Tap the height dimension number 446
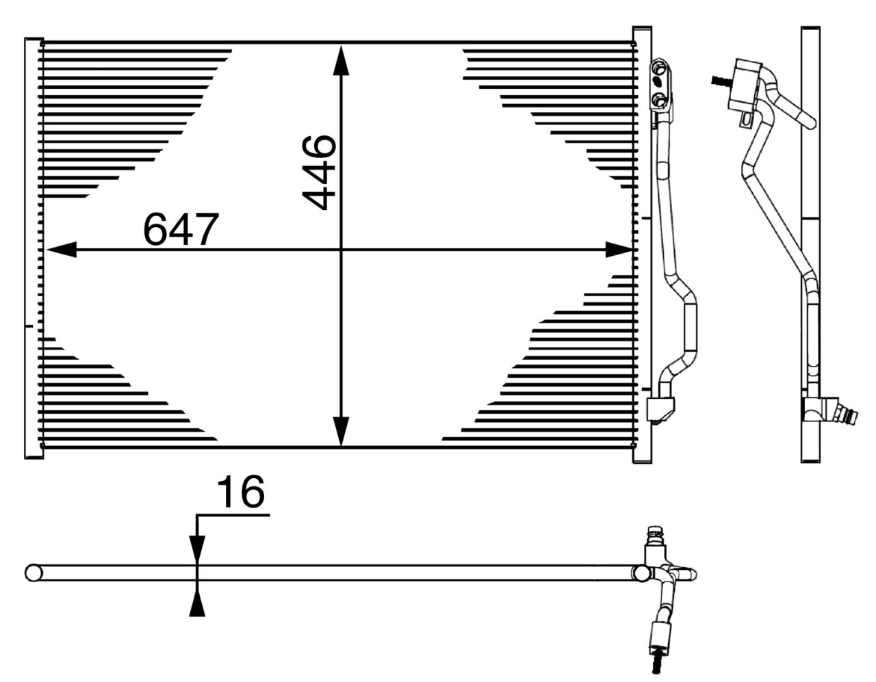(x=318, y=173)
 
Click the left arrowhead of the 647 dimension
(x=62, y=250)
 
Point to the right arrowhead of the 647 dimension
(x=619, y=250)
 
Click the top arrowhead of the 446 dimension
(x=341, y=60)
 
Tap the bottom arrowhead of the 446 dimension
(x=341, y=432)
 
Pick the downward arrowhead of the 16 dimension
(x=197, y=549)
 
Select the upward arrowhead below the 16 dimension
(x=197, y=602)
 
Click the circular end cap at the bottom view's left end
(x=34, y=573)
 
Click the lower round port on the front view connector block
(x=660, y=99)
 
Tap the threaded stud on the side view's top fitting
(x=721, y=81)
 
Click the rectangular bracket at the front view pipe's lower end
(x=660, y=410)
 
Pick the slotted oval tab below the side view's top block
(x=747, y=119)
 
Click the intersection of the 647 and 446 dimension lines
(x=341, y=250)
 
